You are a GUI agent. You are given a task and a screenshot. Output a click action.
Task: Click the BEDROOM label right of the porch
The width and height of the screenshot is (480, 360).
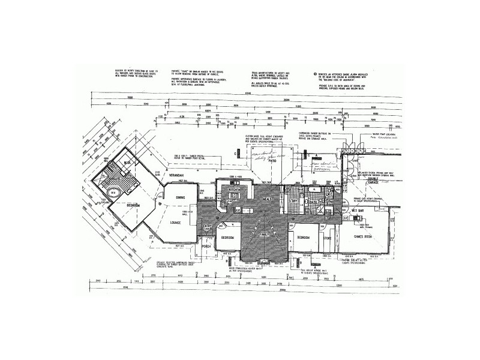click(227, 238)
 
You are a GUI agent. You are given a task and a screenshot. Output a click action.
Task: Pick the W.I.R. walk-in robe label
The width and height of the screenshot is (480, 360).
click(127, 163)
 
